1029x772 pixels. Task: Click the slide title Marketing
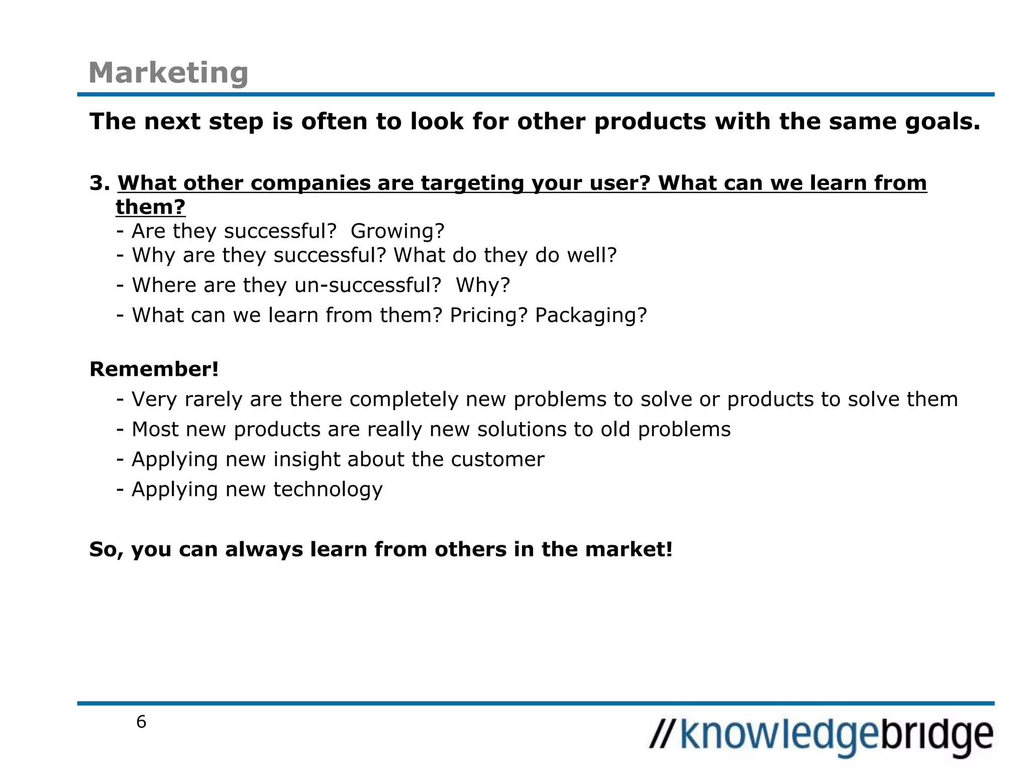click(x=168, y=73)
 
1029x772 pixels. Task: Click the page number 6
click(x=141, y=722)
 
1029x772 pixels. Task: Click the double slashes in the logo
click(x=662, y=734)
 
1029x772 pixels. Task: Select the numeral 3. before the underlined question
click(x=99, y=183)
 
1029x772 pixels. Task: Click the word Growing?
click(x=397, y=231)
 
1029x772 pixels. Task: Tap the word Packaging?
click(x=591, y=315)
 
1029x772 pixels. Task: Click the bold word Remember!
click(x=154, y=369)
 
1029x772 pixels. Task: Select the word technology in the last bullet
click(x=328, y=489)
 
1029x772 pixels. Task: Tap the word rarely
click(x=214, y=400)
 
